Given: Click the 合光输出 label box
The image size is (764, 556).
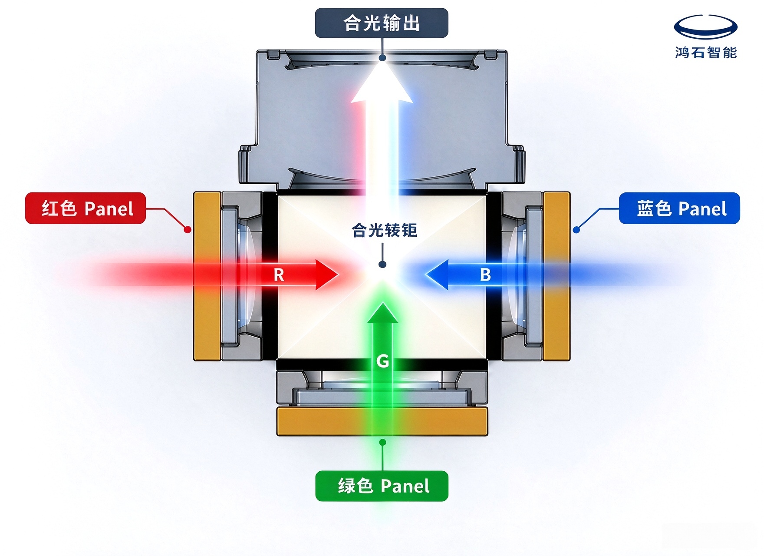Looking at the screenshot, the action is [x=381, y=23].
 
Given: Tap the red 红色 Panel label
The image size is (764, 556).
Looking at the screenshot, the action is [x=86, y=208].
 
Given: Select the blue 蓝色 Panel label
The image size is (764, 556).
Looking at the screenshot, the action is [x=679, y=208].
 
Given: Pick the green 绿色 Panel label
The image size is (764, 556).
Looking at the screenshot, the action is [x=382, y=486].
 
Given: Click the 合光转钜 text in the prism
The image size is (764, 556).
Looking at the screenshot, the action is [x=384, y=230].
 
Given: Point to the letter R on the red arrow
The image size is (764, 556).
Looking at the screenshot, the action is [x=279, y=275].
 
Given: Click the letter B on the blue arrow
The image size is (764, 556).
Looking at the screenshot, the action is [x=485, y=275].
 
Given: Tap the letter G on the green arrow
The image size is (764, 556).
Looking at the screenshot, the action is [x=382, y=361].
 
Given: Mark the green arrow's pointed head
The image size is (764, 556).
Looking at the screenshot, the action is [x=382, y=313].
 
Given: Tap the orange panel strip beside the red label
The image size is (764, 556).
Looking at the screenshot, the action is [x=207, y=276].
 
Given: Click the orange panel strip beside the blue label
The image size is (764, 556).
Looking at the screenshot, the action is [x=557, y=276].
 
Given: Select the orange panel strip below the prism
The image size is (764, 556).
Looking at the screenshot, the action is [x=382, y=421].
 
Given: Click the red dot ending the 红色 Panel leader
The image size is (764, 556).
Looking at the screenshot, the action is [x=188, y=229].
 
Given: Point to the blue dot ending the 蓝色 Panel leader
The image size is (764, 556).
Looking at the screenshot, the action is [x=576, y=229].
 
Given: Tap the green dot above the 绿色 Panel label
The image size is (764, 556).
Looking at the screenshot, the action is [x=382, y=442].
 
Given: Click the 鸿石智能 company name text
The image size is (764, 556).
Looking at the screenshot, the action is [x=706, y=53].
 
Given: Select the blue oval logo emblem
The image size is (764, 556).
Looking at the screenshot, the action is [x=706, y=27].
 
